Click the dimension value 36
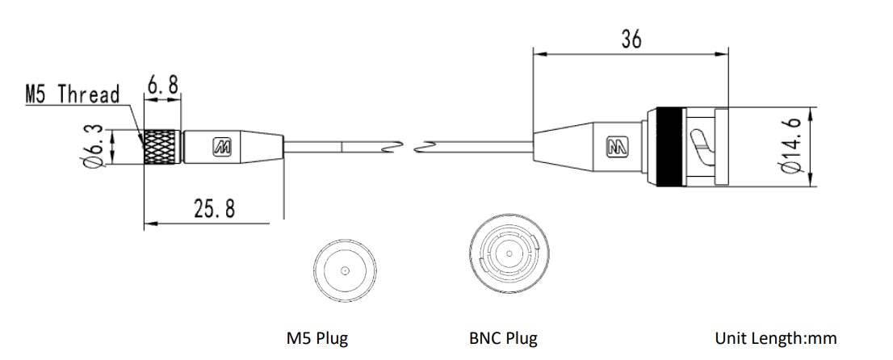[x=631, y=39]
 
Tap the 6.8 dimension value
[x=163, y=85]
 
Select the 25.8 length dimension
[x=214, y=208]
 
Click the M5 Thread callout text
[x=73, y=94]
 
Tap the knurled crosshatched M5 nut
[x=162, y=147]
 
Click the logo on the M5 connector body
[x=222, y=147]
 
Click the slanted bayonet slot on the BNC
[x=701, y=147]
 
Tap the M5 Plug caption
[x=317, y=338]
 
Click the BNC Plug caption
[x=503, y=338]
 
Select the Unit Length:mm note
[x=776, y=338]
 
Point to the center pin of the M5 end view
[x=345, y=270]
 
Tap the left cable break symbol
[x=393, y=147]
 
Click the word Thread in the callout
[x=89, y=94]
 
